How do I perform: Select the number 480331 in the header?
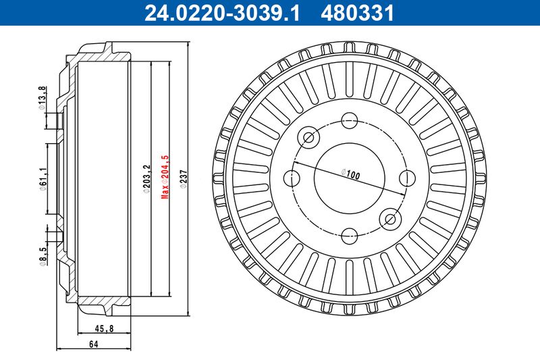point(360,11)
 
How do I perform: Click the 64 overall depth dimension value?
point(93,345)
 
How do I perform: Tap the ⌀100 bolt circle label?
point(351,173)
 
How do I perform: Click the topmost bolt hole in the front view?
point(349,121)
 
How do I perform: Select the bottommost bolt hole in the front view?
point(349,236)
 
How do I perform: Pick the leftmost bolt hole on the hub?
point(292,178)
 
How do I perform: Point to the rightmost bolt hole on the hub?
point(406,178)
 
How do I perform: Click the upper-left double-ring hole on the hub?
point(310,138)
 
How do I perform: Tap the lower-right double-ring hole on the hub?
point(389,218)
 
